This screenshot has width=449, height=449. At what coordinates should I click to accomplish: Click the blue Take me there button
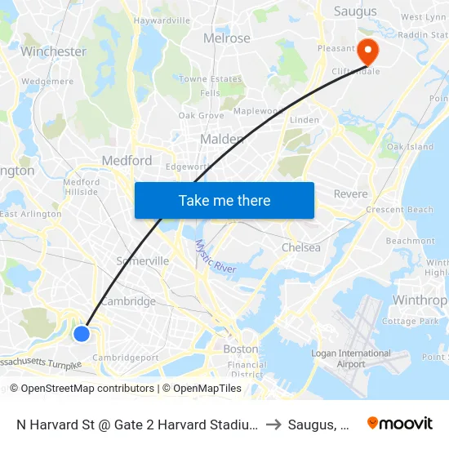pyautogui.click(x=224, y=200)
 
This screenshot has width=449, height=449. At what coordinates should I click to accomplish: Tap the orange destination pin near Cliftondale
pyautogui.click(x=368, y=52)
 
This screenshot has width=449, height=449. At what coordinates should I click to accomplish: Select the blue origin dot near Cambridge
pyautogui.click(x=81, y=333)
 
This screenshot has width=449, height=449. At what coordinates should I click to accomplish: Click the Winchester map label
pyautogui.click(x=53, y=51)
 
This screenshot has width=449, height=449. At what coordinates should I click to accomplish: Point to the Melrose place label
pyautogui.click(x=227, y=38)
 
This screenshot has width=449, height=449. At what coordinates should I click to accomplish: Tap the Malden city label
pyautogui.click(x=222, y=140)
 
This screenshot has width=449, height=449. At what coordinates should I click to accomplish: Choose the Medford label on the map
pyautogui.click(x=127, y=161)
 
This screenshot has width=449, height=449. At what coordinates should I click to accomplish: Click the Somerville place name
pyautogui.click(x=142, y=260)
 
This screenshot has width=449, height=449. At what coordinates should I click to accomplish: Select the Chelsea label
pyautogui.click(x=300, y=247)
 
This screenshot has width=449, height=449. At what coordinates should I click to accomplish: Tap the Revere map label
pyautogui.click(x=351, y=194)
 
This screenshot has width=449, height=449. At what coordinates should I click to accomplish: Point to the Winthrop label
pyautogui.click(x=420, y=300)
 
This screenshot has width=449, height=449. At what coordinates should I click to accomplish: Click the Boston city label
pyautogui.click(x=240, y=349)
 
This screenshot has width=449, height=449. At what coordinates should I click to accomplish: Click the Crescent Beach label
pyautogui.click(x=399, y=210)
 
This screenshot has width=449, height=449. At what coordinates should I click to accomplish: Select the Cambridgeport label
pyautogui.click(x=125, y=358)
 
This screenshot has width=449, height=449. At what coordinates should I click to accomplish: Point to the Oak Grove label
pyautogui.click(x=201, y=116)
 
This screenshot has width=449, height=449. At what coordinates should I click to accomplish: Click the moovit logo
pyautogui.click(x=400, y=423)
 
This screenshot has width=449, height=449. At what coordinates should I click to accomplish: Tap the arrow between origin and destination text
pyautogui.click(x=273, y=424)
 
